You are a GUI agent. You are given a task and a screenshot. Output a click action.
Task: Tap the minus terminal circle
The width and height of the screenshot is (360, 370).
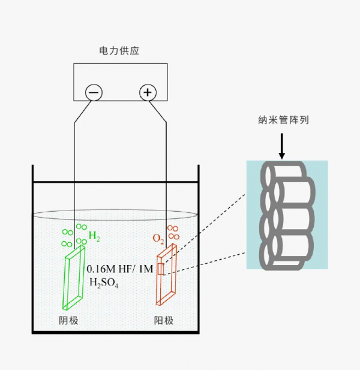94,92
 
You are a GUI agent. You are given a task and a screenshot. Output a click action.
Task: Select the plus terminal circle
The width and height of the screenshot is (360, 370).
148,92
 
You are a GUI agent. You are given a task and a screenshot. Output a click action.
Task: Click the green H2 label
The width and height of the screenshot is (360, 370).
94,236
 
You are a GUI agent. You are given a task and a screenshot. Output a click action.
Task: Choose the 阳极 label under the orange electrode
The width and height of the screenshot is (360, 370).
164,321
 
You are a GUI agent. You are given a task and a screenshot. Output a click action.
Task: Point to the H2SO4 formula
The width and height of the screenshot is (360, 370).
104,282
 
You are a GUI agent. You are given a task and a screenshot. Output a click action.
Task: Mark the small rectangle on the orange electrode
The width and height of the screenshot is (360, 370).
160,269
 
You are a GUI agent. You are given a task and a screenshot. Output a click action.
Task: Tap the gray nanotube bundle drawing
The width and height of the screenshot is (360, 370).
287,216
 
